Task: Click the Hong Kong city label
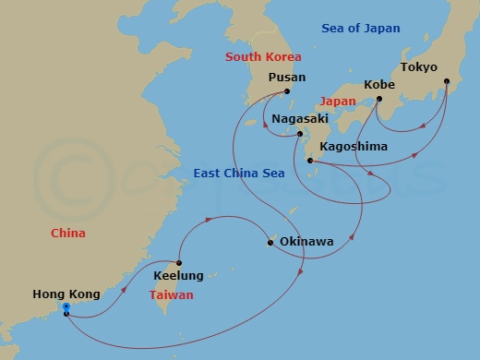61,294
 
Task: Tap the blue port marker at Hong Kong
66,311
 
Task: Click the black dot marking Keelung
179,263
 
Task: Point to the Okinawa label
305,243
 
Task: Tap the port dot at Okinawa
270,244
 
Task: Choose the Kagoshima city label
353,147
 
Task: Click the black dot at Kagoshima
310,162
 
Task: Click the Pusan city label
286,78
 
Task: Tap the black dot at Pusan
287,91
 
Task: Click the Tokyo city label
418,67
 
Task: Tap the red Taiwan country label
172,295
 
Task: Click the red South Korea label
263,57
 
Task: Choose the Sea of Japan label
361,29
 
